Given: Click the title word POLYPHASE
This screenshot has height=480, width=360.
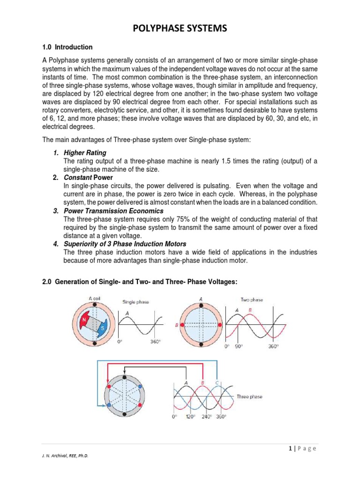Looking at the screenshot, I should tap(160, 29).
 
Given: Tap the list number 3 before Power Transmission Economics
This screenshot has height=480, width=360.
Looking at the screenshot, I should tap(55, 211).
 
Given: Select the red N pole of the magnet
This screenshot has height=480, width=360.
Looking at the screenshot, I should tap(85, 320).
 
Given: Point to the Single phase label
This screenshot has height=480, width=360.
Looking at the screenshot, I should tap(135, 302).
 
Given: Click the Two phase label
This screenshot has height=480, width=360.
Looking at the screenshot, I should tap(252, 300).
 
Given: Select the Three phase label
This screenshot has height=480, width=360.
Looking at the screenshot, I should tap(249, 397).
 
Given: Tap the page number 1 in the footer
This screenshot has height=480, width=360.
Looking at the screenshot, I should tap(291, 449).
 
